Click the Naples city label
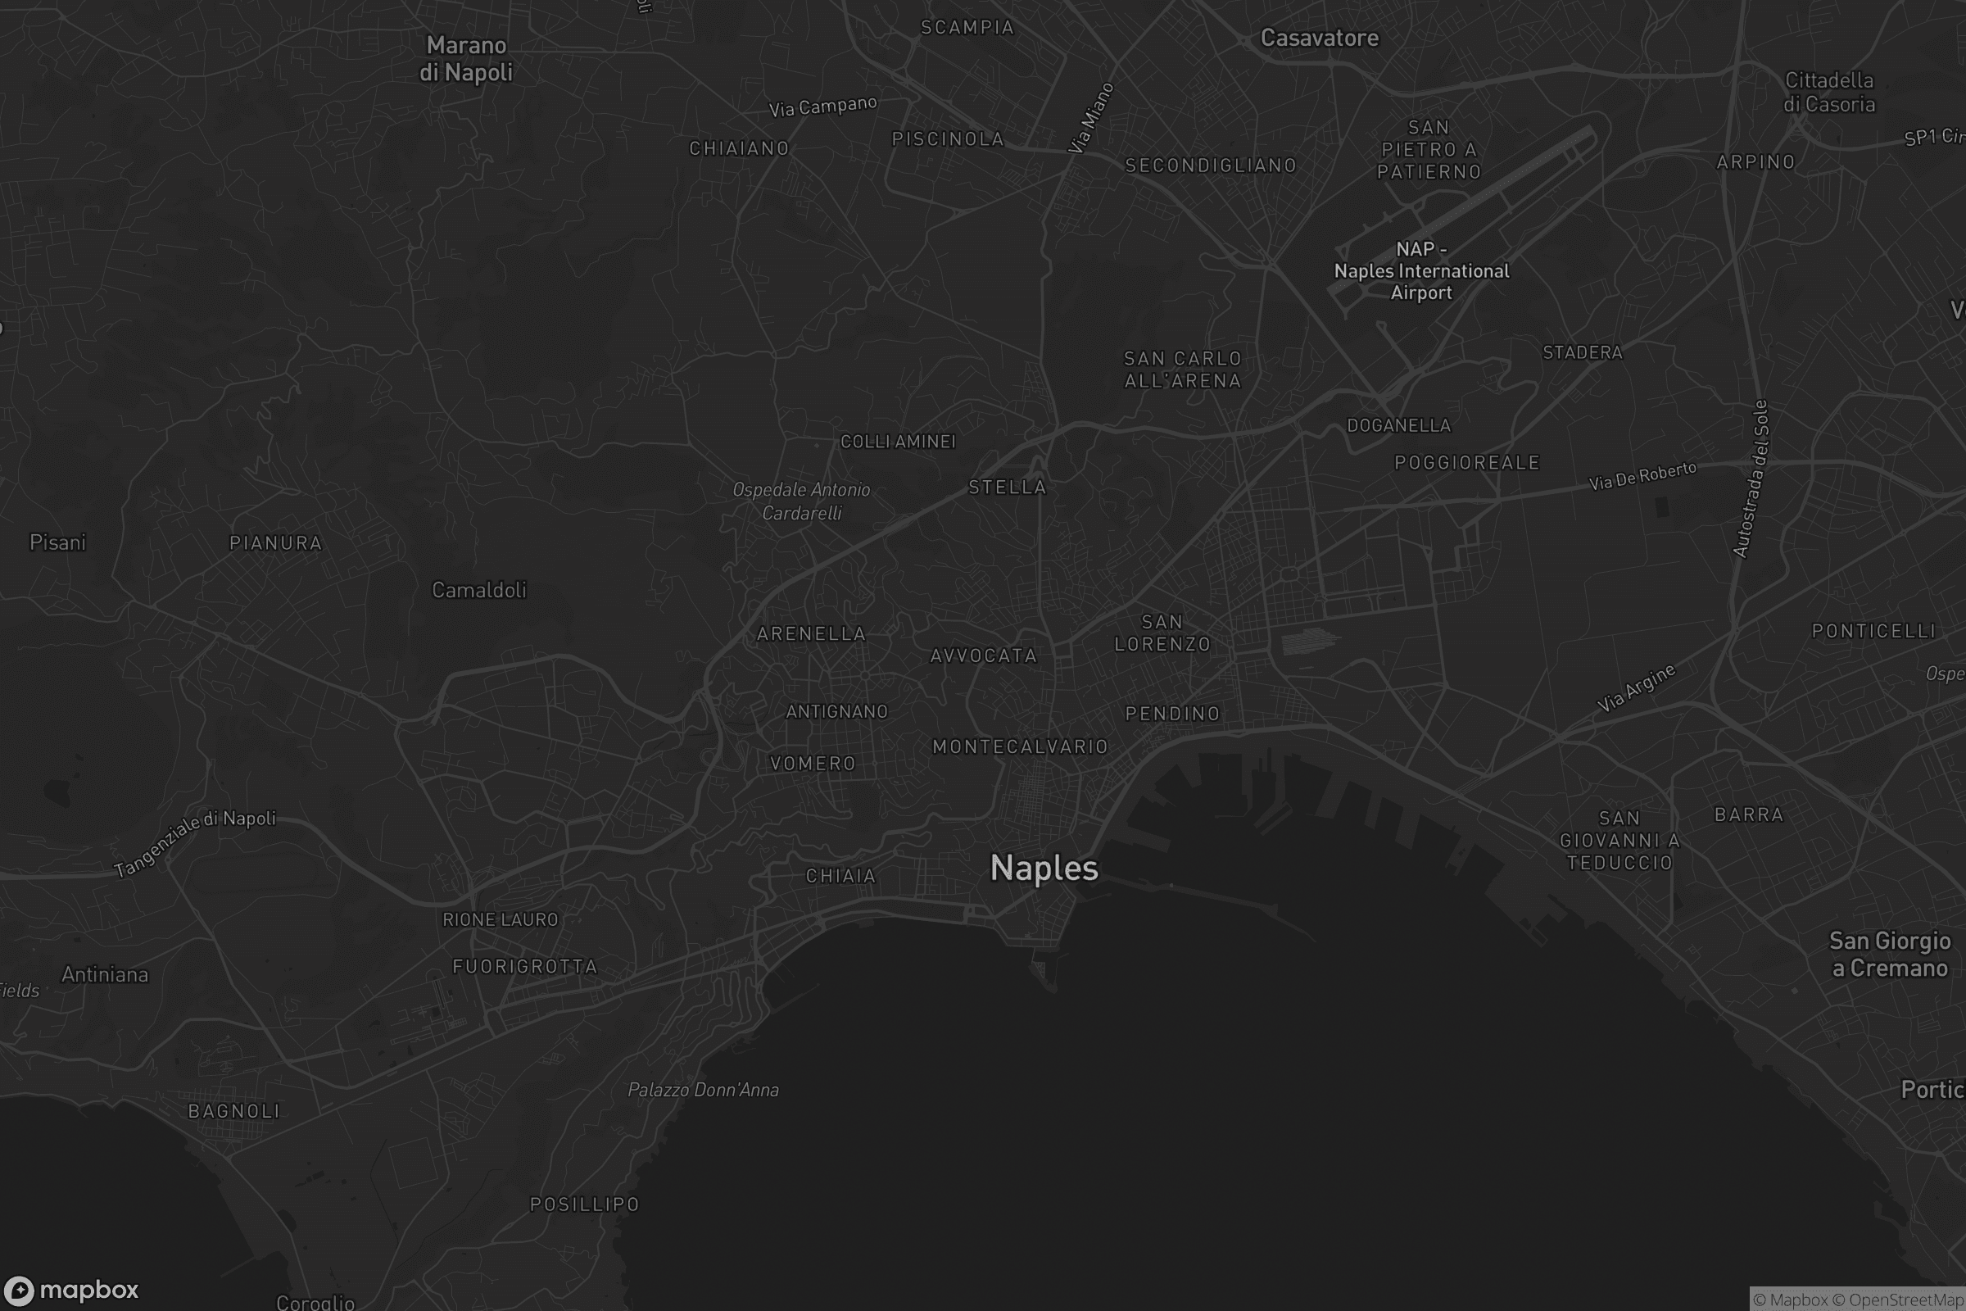tap(1044, 869)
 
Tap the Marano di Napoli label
tap(466, 58)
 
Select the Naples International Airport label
tap(1421, 271)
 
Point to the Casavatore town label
tap(1319, 39)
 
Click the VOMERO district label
tap(813, 764)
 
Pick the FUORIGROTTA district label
tap(525, 968)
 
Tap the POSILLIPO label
tap(584, 1204)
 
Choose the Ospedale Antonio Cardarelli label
tap(801, 501)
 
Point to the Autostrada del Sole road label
tap(1751, 479)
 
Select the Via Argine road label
tap(1636, 688)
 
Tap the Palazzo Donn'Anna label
tap(703, 1091)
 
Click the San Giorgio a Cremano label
tap(1889, 955)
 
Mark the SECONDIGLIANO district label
tap(1211, 166)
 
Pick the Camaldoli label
tap(479, 590)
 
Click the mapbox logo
tap(70, 1290)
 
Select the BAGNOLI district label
tap(234, 1111)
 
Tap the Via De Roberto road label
tap(1642, 476)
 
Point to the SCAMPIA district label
tap(967, 28)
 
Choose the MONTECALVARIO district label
tap(1020, 746)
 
